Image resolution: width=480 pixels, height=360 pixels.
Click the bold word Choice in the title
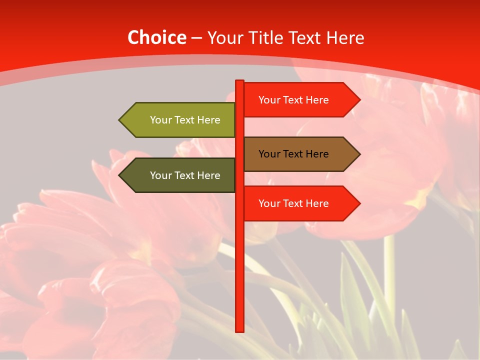click(x=156, y=37)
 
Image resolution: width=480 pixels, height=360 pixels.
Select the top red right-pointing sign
click(x=295, y=100)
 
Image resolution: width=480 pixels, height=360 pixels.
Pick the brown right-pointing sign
click(x=295, y=154)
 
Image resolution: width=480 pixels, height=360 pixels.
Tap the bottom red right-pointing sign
click(x=295, y=203)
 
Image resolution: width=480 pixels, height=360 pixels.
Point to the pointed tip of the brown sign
click(x=359, y=154)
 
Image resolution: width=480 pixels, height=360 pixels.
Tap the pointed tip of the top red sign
click(x=359, y=100)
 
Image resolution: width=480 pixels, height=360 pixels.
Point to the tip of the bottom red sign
click(x=359, y=203)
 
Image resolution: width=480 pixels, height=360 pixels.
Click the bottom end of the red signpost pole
click(x=239, y=330)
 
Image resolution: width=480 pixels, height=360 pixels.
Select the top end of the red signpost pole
click(x=239, y=81)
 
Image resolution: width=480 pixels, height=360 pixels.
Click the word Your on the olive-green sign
click(x=160, y=120)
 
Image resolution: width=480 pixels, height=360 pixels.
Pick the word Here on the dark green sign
click(x=208, y=175)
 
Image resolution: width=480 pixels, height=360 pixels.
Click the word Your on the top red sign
click(x=269, y=100)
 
